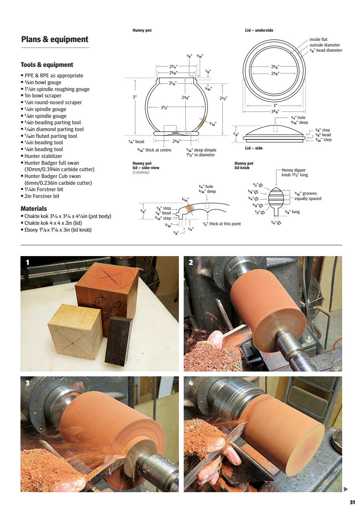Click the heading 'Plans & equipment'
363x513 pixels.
pos(55,39)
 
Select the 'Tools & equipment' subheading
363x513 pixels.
pos(47,65)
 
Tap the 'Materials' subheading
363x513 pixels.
pos(34,208)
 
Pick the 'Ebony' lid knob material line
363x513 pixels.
pos(57,230)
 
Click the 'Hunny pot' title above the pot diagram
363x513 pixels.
pos(142,30)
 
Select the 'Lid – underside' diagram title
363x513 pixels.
pos(259,30)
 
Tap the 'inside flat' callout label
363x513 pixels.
pos(318,40)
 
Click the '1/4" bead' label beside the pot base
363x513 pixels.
pos(136,141)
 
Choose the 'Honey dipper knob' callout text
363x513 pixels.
pos(294,173)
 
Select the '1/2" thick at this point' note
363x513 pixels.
pos(222,224)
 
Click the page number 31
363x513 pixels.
pos(352,502)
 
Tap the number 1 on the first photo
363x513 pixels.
pos(28,263)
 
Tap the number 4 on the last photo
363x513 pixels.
pos(191,383)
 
